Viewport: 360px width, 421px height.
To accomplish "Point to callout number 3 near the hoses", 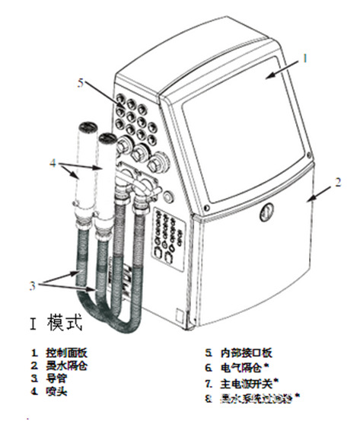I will (x=32, y=286).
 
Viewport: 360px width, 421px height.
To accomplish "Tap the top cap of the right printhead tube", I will (x=107, y=139).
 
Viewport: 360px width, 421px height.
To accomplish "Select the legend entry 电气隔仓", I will (x=241, y=367).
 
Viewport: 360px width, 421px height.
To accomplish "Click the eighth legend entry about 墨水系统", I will (x=255, y=396).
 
